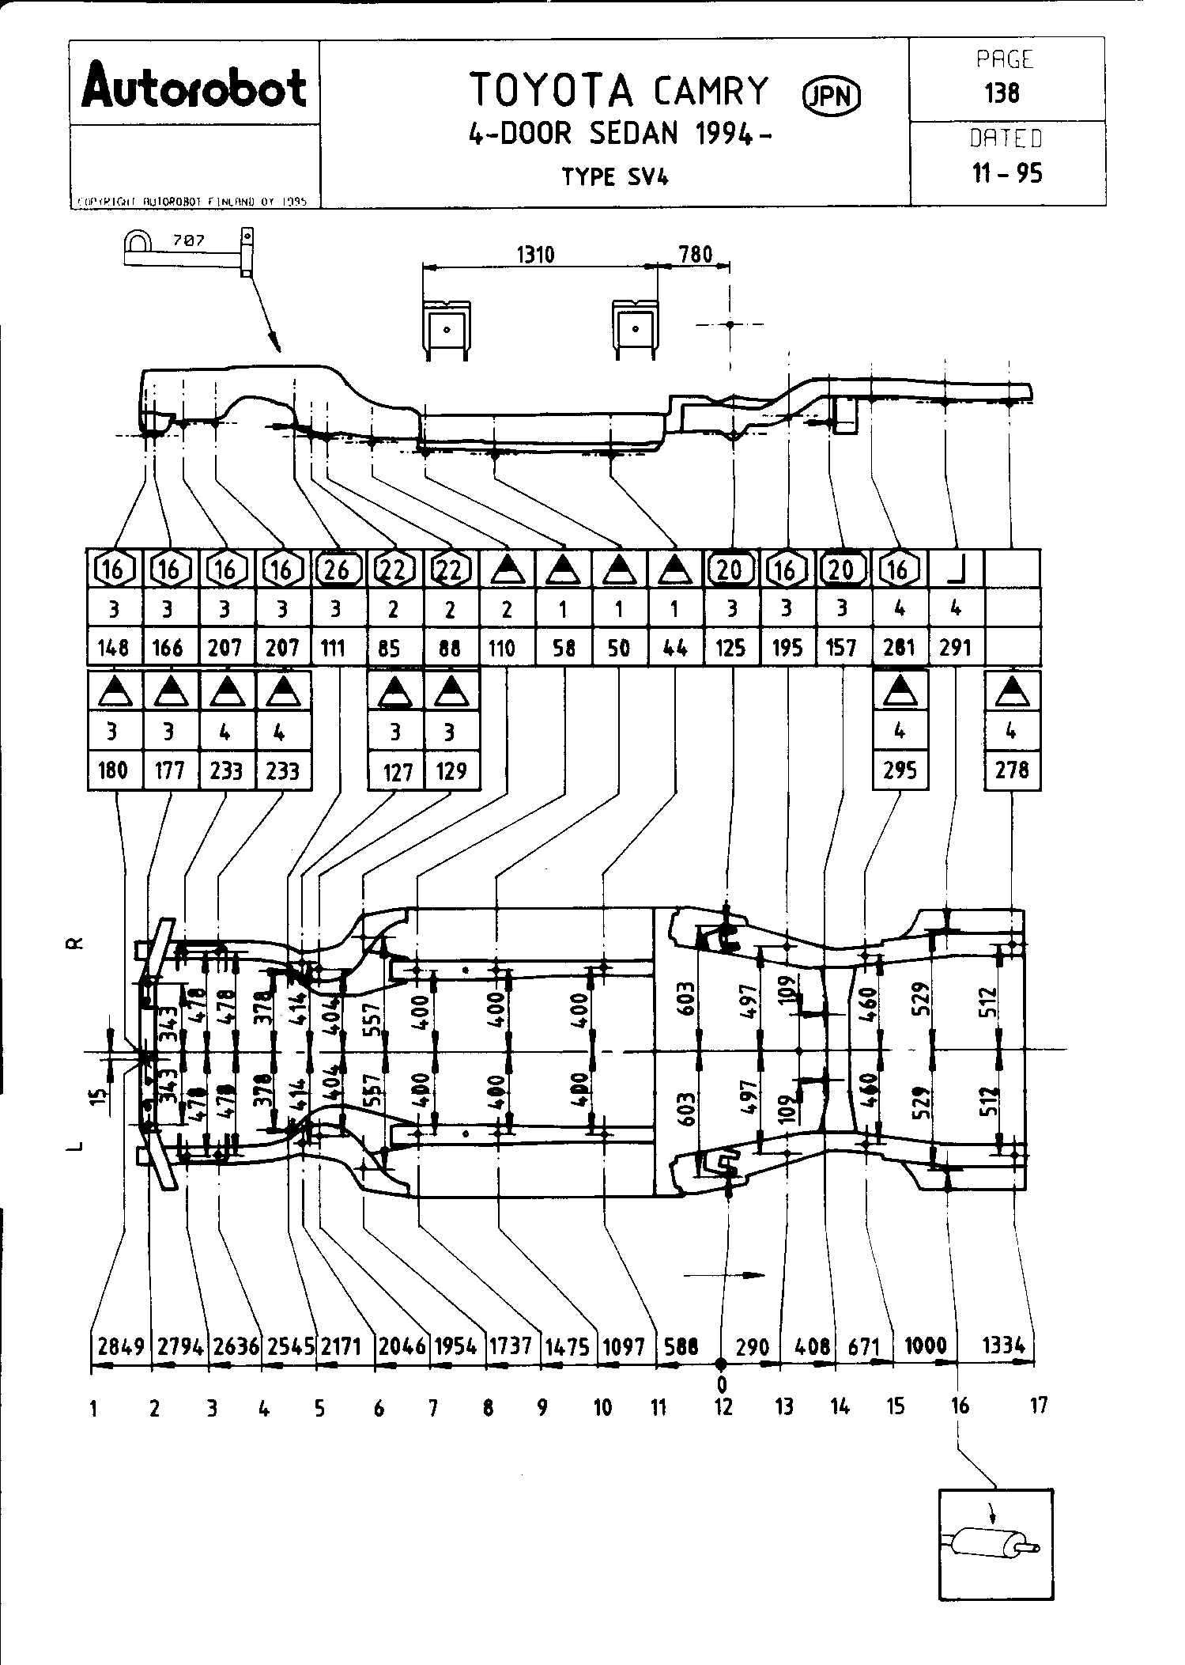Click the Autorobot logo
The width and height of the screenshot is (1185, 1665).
(x=194, y=88)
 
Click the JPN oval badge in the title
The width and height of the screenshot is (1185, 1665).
(x=832, y=96)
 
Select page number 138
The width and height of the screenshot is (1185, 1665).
(x=1002, y=93)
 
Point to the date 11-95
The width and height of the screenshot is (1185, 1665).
(x=1006, y=172)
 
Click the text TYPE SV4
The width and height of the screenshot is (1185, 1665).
(x=615, y=177)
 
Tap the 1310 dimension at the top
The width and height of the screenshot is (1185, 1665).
(x=535, y=255)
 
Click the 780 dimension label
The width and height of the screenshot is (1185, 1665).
(x=696, y=254)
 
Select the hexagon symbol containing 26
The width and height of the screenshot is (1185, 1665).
(x=338, y=569)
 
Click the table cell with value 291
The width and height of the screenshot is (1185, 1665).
(x=955, y=649)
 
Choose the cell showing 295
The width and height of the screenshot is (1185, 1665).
(x=900, y=770)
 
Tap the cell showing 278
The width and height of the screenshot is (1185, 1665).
(x=1012, y=770)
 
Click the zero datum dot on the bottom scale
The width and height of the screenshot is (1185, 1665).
(x=721, y=1364)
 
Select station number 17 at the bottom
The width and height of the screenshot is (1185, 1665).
(x=1039, y=1406)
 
